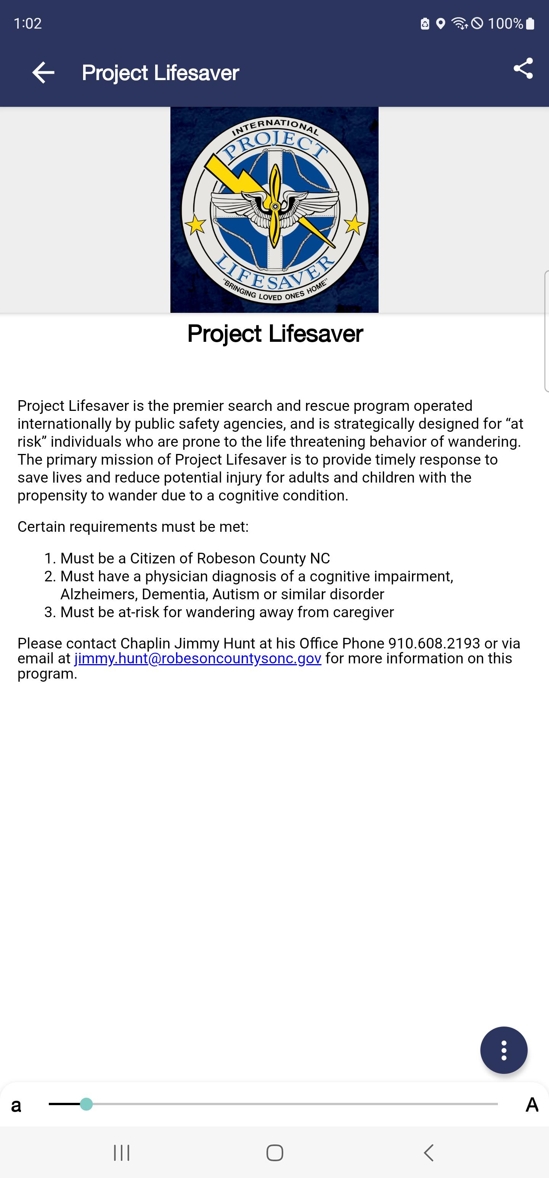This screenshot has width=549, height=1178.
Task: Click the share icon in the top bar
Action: (523, 69)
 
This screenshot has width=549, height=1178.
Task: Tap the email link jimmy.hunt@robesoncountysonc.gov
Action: (197, 658)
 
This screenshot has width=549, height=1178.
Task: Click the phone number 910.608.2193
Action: (434, 644)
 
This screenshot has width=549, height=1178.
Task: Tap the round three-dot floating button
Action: (504, 1051)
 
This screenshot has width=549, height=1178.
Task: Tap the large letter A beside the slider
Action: (531, 1105)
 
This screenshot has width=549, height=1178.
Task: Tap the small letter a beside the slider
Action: (16, 1105)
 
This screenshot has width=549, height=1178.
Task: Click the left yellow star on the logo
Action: (196, 225)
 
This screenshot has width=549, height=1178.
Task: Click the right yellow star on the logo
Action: (354, 225)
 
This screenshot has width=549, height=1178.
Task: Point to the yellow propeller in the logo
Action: (275, 206)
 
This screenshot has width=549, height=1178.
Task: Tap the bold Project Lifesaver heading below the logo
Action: (275, 333)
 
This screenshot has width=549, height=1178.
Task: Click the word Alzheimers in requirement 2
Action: (98, 594)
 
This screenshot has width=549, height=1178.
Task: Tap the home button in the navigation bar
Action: (275, 1153)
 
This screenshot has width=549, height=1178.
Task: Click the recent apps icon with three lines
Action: (122, 1153)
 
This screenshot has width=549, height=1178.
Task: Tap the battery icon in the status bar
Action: (530, 23)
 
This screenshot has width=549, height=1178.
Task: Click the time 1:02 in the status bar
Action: (28, 23)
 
